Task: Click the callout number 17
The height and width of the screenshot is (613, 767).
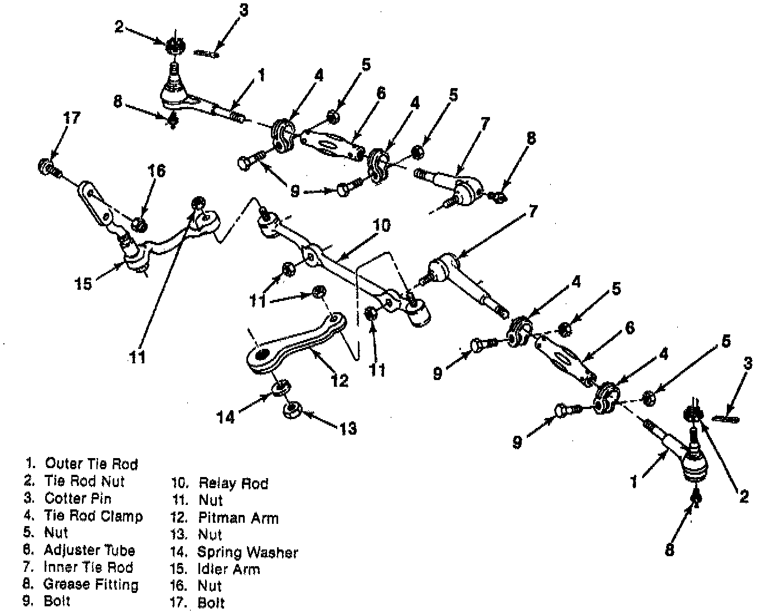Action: tap(71, 118)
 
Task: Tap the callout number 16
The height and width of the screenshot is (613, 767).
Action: tap(157, 171)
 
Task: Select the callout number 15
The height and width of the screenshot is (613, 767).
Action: tap(83, 284)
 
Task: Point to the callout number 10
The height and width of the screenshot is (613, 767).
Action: tap(382, 226)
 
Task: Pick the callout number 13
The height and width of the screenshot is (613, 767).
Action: tap(347, 428)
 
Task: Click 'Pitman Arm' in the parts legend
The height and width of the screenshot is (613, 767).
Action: tap(238, 518)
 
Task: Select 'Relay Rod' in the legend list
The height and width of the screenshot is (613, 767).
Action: tap(233, 483)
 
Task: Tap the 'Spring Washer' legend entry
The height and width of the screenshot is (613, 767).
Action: tap(247, 552)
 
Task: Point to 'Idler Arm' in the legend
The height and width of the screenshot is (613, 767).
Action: tap(229, 569)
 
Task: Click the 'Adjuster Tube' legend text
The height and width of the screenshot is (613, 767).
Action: tap(89, 551)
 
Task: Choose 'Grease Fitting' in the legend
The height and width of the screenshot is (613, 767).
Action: tap(91, 585)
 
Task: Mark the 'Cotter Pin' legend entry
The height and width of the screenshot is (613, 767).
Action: tap(78, 498)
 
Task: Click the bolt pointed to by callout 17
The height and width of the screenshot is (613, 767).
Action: tap(47, 167)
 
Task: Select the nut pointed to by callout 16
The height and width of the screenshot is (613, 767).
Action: tap(140, 224)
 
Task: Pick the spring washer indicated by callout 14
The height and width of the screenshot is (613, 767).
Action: tap(279, 387)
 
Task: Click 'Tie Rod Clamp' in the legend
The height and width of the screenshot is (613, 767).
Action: tap(93, 516)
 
